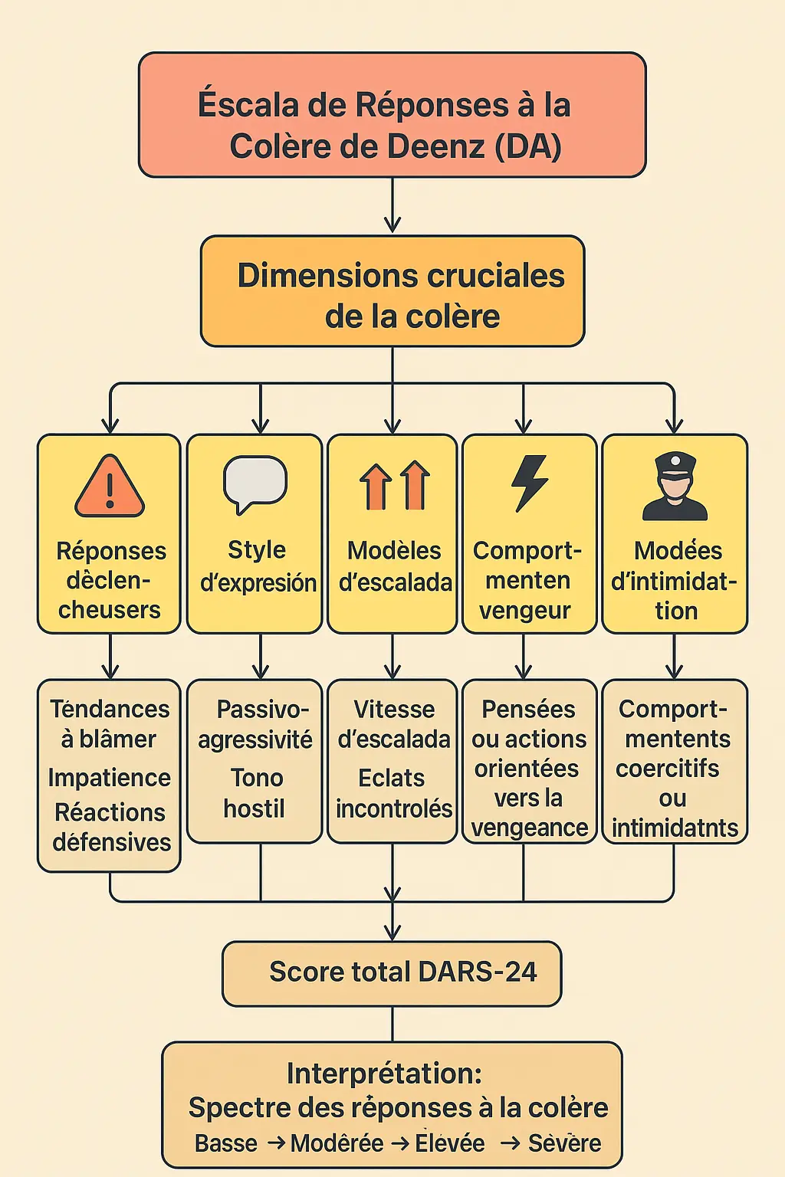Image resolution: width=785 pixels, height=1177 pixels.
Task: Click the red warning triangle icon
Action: (110, 487)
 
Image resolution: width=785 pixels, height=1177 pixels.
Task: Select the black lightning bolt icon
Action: (530, 483)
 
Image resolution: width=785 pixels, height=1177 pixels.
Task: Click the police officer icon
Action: (675, 487)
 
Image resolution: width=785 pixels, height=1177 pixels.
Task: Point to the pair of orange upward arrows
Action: (395, 485)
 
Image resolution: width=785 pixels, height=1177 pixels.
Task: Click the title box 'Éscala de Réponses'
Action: (392, 115)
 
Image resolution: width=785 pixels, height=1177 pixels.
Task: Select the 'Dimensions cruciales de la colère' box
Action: (392, 291)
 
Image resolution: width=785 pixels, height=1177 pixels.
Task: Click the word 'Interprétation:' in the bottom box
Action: (384, 1073)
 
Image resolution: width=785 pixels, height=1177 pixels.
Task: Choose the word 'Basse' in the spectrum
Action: (225, 1143)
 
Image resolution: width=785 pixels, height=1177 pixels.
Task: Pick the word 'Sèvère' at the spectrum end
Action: (564, 1143)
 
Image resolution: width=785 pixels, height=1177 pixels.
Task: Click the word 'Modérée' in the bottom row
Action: (337, 1143)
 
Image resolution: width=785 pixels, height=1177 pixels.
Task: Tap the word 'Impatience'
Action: (110, 778)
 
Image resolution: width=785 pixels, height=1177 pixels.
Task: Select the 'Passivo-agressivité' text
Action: (255, 724)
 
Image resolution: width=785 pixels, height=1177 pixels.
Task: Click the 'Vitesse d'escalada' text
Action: (394, 724)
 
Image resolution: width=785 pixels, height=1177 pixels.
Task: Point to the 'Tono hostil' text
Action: (255, 793)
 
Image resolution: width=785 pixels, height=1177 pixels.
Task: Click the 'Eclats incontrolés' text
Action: (394, 793)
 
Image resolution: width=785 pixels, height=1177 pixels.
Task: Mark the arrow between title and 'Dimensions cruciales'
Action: (392, 205)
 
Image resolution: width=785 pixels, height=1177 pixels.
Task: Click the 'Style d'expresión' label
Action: (257, 566)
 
